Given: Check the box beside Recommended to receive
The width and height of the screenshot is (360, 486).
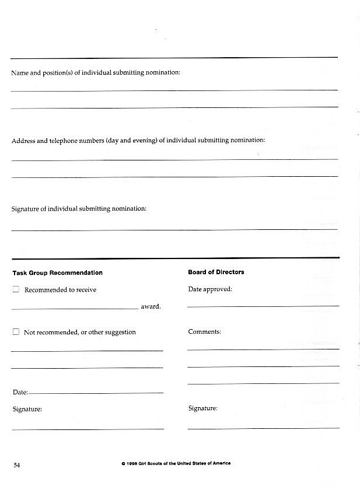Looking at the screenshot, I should [x=16, y=289].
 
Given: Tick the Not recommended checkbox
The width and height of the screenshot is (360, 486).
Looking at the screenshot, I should [x=16, y=332].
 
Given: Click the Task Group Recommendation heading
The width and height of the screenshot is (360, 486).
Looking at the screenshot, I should [x=57, y=273].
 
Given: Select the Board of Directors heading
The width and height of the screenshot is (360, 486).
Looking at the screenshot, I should [x=216, y=272].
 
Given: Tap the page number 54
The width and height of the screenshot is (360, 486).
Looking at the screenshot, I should [x=17, y=465].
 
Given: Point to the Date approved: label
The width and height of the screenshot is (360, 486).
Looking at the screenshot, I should [x=209, y=289].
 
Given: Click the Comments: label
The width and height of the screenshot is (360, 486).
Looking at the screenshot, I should [x=204, y=331].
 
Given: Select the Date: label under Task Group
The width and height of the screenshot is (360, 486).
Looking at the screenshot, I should [x=20, y=393].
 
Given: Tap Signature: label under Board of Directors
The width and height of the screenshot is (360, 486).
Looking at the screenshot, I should [x=202, y=408].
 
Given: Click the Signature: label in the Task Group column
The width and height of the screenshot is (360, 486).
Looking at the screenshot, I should [x=27, y=409].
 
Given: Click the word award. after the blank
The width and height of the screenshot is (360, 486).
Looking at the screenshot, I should [x=151, y=306].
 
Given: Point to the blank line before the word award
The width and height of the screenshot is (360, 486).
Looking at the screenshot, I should [x=75, y=308].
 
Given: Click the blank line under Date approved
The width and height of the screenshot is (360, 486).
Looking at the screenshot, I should [x=263, y=306].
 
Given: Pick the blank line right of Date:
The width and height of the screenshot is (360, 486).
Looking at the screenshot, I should [x=96, y=393].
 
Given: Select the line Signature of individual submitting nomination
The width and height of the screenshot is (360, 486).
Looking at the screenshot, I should [x=79, y=208].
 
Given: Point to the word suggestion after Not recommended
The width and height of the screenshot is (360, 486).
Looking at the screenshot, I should [x=120, y=332].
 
